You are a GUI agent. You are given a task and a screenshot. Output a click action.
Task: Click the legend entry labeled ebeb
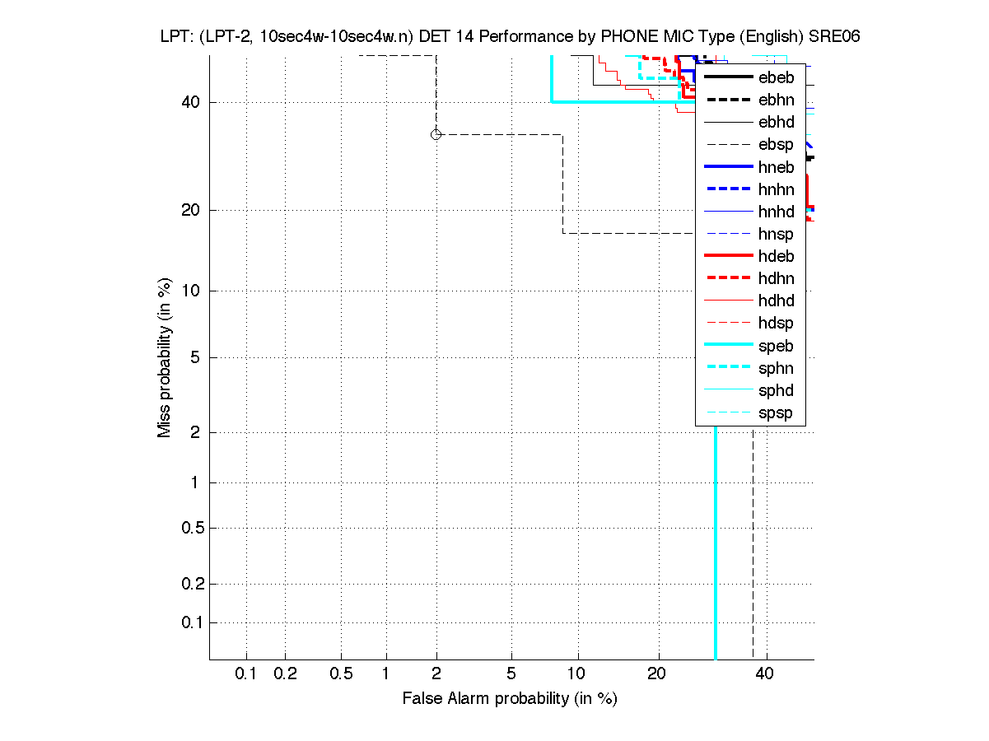[x=776, y=78]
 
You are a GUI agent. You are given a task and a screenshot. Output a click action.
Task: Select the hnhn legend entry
[x=776, y=189]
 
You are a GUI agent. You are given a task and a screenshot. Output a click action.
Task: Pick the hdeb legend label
[x=776, y=256]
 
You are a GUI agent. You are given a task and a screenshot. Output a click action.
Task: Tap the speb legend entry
[x=776, y=346]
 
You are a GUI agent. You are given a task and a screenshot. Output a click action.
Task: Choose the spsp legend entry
[x=776, y=412]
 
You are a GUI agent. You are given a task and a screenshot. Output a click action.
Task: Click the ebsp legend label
[x=776, y=145]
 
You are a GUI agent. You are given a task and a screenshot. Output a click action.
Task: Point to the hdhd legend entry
[x=776, y=301]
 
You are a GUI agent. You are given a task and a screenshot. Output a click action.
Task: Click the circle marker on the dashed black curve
[x=436, y=134]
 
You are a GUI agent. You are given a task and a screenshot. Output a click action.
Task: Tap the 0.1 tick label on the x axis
[x=246, y=674]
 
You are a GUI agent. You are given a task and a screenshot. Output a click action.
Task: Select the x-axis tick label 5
[x=511, y=674]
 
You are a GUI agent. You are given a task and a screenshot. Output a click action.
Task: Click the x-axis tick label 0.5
[x=341, y=674]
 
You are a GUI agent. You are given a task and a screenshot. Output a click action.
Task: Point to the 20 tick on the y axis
[x=190, y=210]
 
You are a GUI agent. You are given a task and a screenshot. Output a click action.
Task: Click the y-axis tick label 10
[x=190, y=291]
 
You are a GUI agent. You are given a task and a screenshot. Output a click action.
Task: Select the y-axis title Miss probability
[x=165, y=357]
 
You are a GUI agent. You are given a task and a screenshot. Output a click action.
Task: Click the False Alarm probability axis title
[x=509, y=699]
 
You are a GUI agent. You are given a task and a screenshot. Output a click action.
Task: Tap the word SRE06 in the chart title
[x=836, y=37]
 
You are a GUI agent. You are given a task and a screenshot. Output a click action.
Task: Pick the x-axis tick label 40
[x=764, y=674]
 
